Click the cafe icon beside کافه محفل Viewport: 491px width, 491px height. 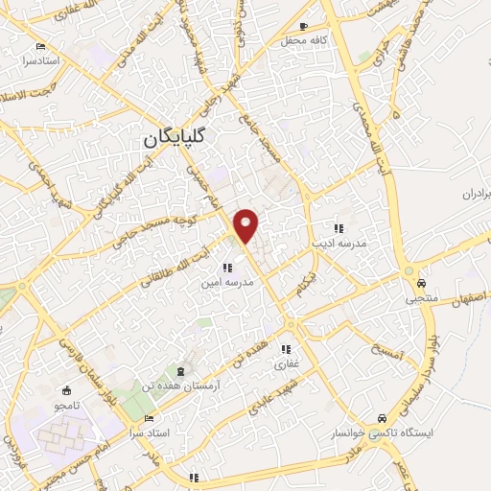coord(304,26)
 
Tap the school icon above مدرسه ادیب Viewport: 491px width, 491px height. coord(338,228)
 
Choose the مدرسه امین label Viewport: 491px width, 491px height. coord(228,283)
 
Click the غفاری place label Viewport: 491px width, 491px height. coord(288,364)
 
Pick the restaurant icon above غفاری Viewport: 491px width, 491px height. coord(286,350)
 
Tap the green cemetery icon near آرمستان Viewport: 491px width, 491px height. coord(178,370)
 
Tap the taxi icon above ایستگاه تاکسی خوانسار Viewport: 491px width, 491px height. coord(383,418)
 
